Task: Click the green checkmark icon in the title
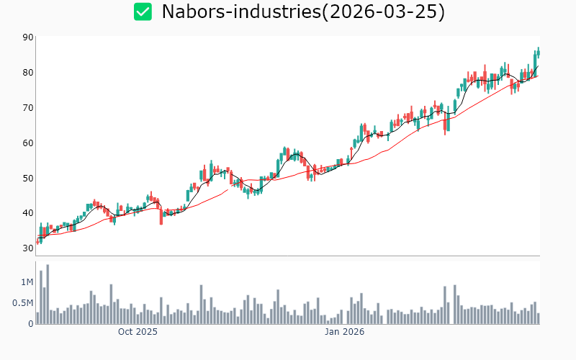point(143,12)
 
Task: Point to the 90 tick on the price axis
point(27,37)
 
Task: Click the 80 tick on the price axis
point(27,73)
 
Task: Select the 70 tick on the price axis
point(27,108)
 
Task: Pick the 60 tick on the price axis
point(27,143)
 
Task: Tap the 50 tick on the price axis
point(27,178)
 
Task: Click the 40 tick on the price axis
point(27,213)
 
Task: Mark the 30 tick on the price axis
point(27,248)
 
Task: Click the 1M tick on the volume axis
point(26,282)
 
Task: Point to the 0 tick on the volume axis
point(30,324)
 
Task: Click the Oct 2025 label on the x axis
point(138,332)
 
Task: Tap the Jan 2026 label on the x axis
point(344,332)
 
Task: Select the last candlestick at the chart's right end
point(538,53)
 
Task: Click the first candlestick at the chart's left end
point(37,241)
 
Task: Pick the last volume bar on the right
point(538,318)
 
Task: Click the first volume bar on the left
point(37,318)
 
